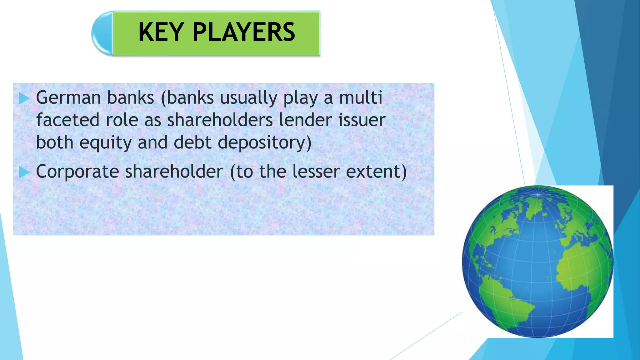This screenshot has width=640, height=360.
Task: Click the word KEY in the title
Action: pyautogui.click(x=161, y=32)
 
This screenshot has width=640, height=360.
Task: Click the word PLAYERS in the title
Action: pyautogui.click(x=244, y=32)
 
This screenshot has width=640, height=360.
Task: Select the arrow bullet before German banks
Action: pyautogui.click(x=24, y=98)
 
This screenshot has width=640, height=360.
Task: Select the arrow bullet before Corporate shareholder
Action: pyautogui.click(x=24, y=172)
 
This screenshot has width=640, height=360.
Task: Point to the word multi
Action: pyautogui.click(x=361, y=98)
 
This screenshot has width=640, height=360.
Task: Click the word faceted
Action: pyautogui.click(x=68, y=120)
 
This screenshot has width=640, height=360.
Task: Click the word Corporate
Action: pyautogui.click(x=77, y=172)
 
